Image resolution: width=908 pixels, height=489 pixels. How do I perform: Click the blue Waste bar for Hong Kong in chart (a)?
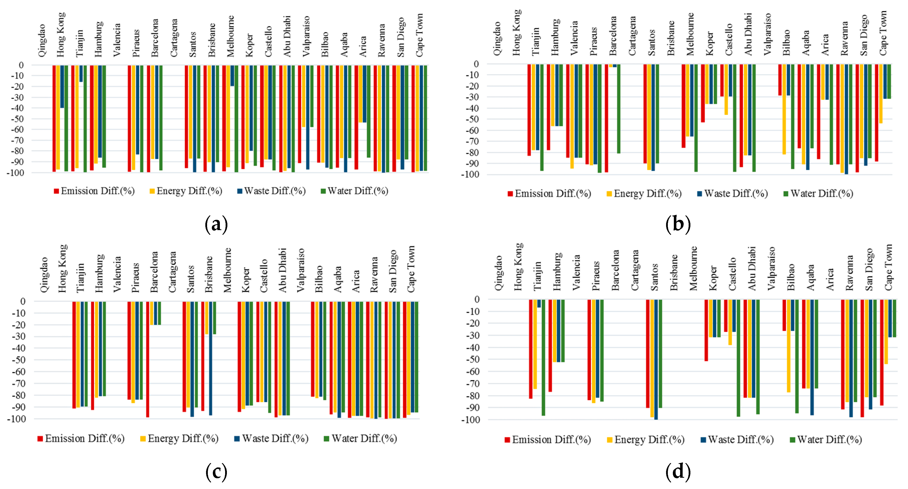(62, 86)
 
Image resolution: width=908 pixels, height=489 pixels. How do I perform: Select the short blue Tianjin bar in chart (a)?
(81, 73)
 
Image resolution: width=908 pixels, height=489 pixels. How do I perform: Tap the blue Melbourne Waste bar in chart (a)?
(232, 75)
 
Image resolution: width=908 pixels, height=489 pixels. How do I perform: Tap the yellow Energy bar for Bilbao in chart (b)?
(784, 109)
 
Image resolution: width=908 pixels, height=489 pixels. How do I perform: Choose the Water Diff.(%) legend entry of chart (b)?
(818, 193)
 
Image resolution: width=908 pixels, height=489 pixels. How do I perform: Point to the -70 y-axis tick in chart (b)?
(472, 141)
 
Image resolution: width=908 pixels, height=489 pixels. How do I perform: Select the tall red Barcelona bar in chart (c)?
(148, 359)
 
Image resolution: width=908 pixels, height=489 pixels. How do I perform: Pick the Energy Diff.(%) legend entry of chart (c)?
(179, 438)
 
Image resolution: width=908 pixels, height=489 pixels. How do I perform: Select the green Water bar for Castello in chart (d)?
(738, 358)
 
